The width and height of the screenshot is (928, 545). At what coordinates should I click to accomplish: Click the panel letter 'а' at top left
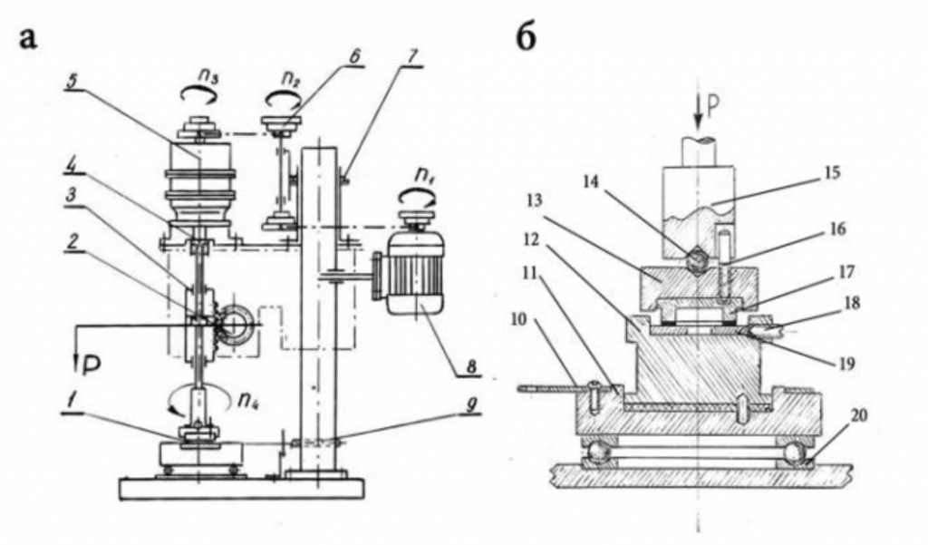pos(28,39)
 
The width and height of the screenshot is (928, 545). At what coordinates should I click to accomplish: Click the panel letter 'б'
pos(527,38)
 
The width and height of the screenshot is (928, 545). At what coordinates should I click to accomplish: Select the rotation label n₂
pos(290,78)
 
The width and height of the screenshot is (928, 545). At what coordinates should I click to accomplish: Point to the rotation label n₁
pos(422,177)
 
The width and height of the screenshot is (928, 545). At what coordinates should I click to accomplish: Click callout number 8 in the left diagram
pos(471,367)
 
